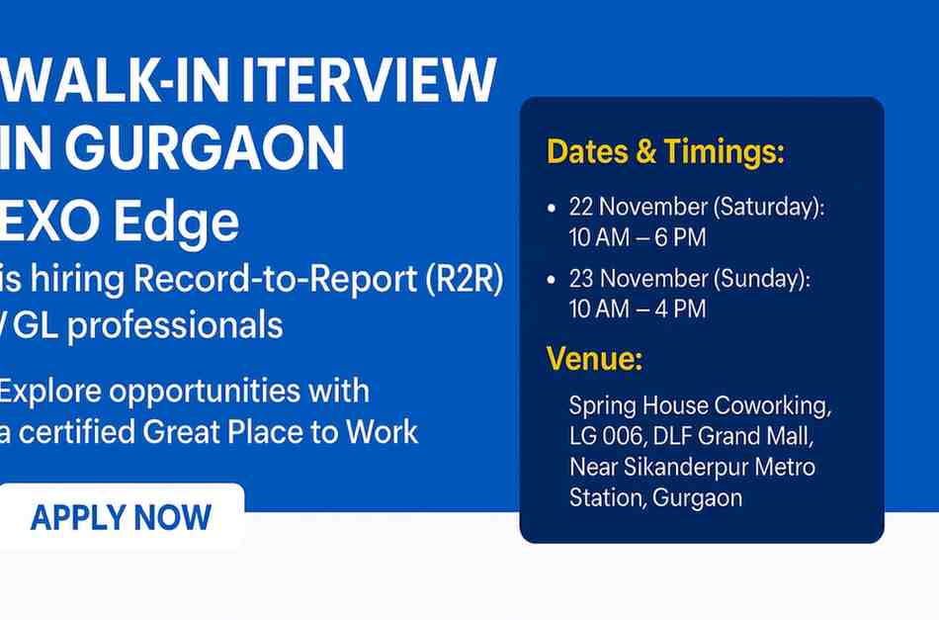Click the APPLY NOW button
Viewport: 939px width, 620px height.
tap(121, 517)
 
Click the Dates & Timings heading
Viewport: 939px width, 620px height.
tap(665, 152)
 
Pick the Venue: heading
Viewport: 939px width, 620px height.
tap(594, 360)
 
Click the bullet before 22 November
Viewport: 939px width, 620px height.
tap(551, 210)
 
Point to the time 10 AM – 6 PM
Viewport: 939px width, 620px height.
tap(638, 238)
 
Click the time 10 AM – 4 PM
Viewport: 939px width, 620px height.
tap(638, 310)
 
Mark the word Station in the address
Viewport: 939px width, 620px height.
tap(607, 496)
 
